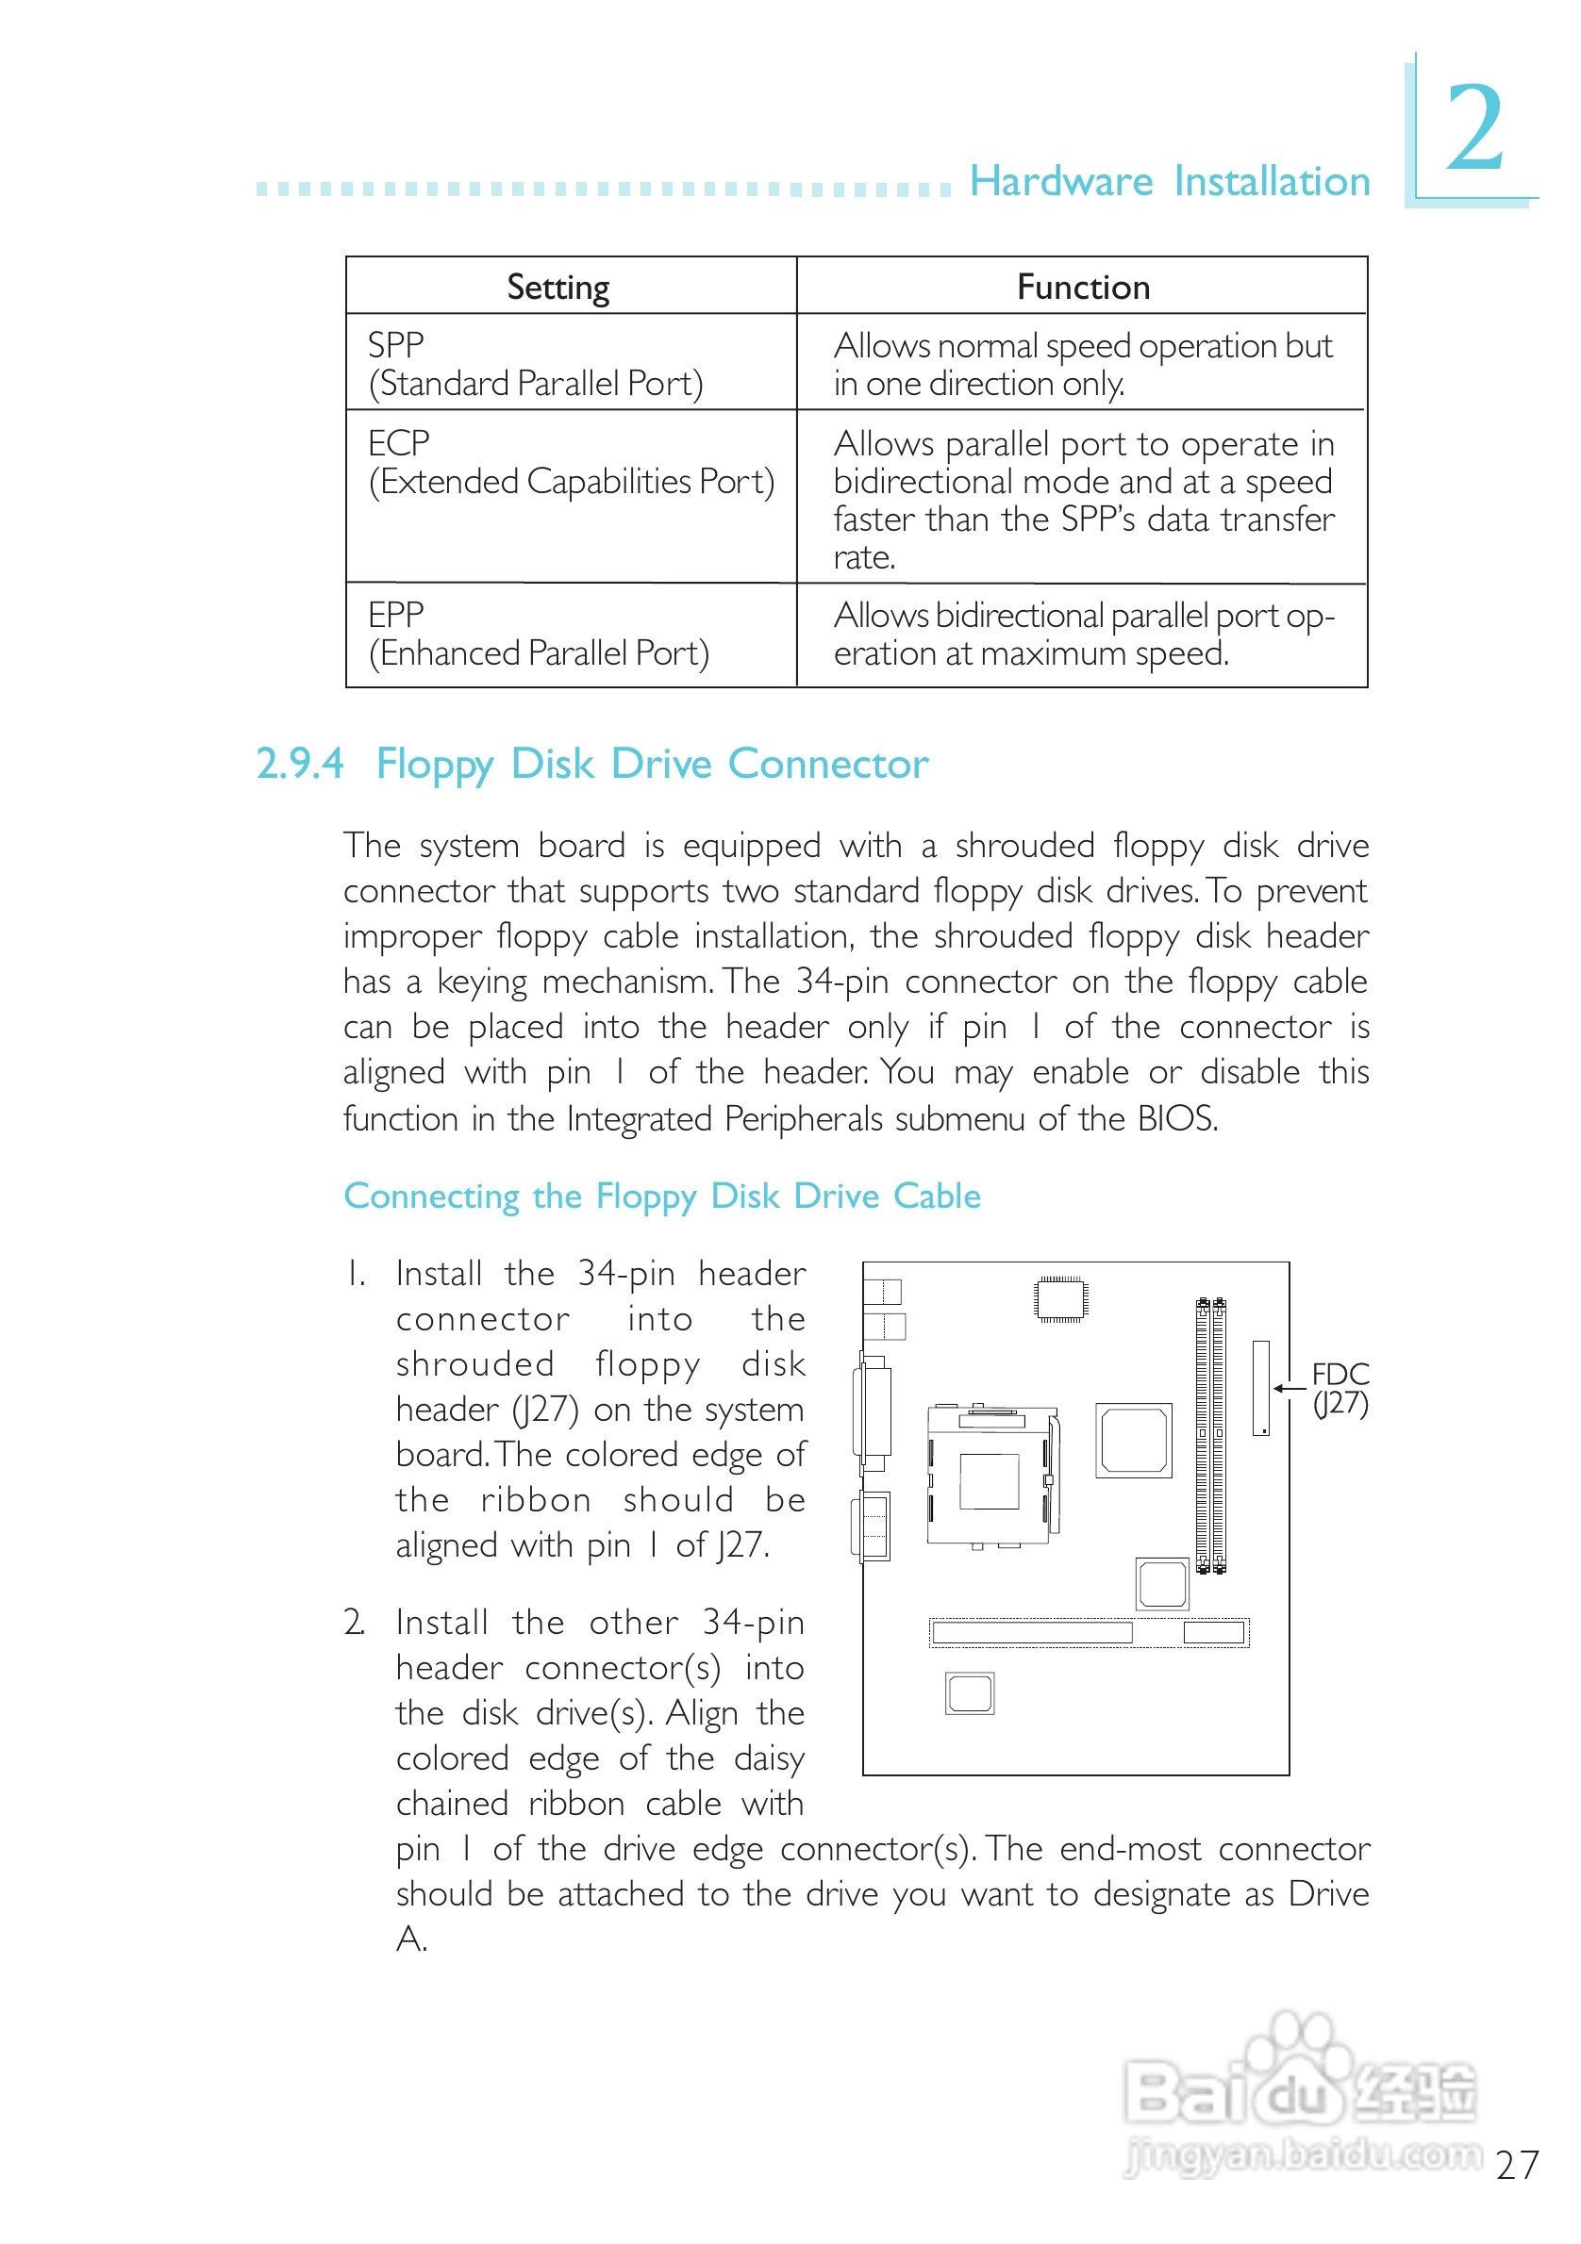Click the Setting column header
[x=558, y=288]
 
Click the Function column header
[x=1082, y=288]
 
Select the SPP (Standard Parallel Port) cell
[x=535, y=364]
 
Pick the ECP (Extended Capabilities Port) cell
[x=570, y=462]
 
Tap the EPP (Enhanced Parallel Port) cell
[x=538, y=635]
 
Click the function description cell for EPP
[x=1082, y=635]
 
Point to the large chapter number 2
[x=1474, y=128]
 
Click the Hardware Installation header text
[x=1169, y=182]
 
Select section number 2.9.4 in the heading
[x=299, y=764]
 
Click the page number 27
[x=1517, y=2165]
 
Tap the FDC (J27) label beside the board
[x=1340, y=1389]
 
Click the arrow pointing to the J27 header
[x=1289, y=1388]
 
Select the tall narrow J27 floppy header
[x=1261, y=1388]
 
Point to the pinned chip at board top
[x=1060, y=1299]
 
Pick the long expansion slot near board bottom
[x=1031, y=1632]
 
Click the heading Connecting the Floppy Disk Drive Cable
[x=662, y=1196]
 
